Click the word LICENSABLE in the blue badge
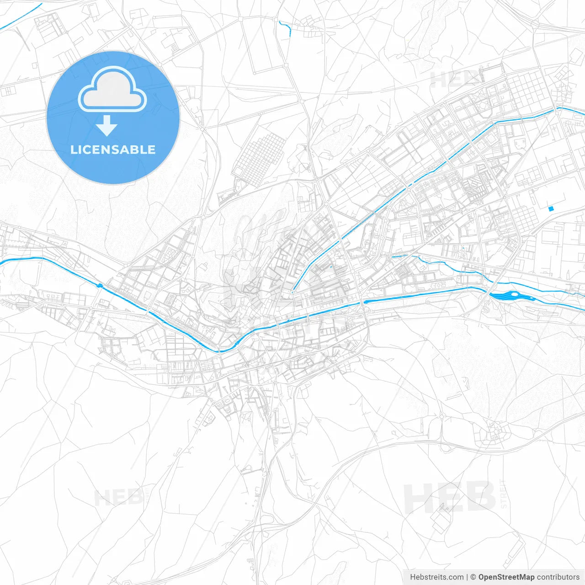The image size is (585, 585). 113,150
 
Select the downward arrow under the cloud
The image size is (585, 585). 107,126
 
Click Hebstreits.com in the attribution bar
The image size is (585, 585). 436,577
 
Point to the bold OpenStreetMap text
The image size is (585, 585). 506,577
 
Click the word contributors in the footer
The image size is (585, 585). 558,577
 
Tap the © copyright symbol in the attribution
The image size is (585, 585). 473,577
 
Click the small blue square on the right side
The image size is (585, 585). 551,208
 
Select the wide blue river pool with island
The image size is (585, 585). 512,296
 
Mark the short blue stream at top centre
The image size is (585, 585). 285,27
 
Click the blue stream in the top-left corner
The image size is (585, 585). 21,16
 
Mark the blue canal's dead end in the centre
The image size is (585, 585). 293,290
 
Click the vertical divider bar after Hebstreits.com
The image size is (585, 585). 467,577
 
